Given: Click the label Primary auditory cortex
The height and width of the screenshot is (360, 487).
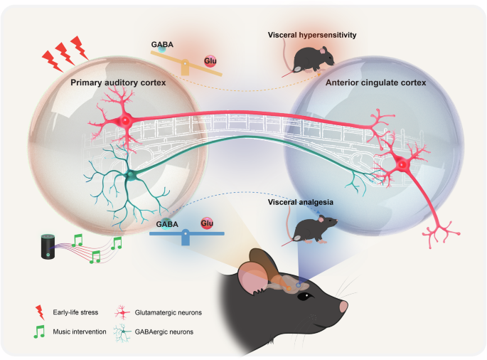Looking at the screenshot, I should [x=118, y=83].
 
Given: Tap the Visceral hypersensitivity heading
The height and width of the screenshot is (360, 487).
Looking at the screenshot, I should [x=311, y=35].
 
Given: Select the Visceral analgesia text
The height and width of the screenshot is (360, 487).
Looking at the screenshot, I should [x=300, y=203].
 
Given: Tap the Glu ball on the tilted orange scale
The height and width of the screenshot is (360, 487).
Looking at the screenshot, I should [x=210, y=62].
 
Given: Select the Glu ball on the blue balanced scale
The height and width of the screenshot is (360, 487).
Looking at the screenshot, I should [x=207, y=223].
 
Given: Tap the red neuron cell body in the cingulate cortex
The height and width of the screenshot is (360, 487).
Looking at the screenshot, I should [x=402, y=166].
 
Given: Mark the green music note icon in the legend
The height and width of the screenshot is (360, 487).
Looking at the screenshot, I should [x=40, y=331].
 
